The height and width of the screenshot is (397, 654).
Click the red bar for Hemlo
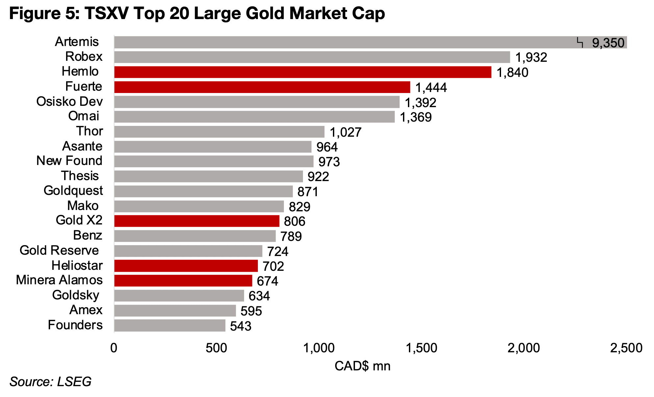(303, 72)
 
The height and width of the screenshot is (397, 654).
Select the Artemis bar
(345, 42)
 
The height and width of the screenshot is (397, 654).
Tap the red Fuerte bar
(262, 87)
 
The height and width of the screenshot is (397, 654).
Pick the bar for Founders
(170, 325)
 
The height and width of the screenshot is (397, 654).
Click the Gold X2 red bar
(197, 221)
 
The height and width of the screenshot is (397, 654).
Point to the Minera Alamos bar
(183, 281)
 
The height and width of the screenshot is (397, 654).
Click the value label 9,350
(608, 43)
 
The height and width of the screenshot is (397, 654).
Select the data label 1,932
(531, 58)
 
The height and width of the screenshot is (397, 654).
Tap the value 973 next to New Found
(329, 162)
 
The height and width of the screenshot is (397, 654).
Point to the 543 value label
(240, 326)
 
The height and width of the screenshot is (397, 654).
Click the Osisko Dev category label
(69, 102)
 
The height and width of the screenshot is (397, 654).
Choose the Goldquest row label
(73, 191)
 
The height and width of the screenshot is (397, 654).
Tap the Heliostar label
(77, 266)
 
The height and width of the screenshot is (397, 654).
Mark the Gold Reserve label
(59, 250)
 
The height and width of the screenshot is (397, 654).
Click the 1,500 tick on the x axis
(422, 348)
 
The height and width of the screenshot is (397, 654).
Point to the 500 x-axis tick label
(216, 348)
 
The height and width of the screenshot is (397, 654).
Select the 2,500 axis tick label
(626, 348)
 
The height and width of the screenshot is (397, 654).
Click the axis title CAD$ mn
(362, 366)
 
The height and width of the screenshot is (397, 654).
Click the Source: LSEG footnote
(50, 382)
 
